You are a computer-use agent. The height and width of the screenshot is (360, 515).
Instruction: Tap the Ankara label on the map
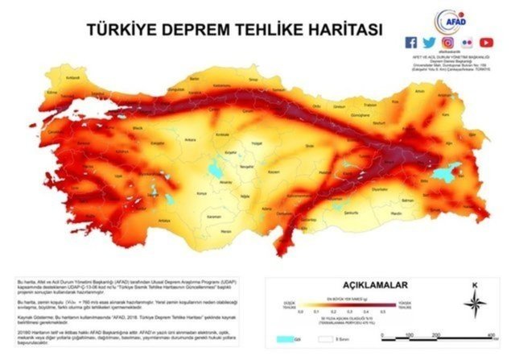tap(192, 139)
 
